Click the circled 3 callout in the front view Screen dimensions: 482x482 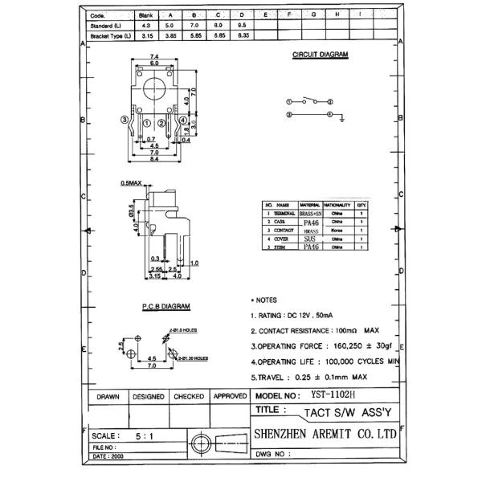[x=124, y=120]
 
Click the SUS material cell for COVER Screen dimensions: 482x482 [x=309, y=239]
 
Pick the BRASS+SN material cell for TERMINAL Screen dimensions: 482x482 [x=310, y=214]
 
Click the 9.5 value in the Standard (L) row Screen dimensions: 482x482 [x=241, y=26]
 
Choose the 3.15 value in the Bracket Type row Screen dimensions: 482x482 [x=145, y=36]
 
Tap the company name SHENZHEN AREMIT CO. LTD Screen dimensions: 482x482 [x=325, y=433]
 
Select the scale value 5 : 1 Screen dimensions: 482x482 [x=146, y=435]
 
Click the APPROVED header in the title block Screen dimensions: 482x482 [x=230, y=397]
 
